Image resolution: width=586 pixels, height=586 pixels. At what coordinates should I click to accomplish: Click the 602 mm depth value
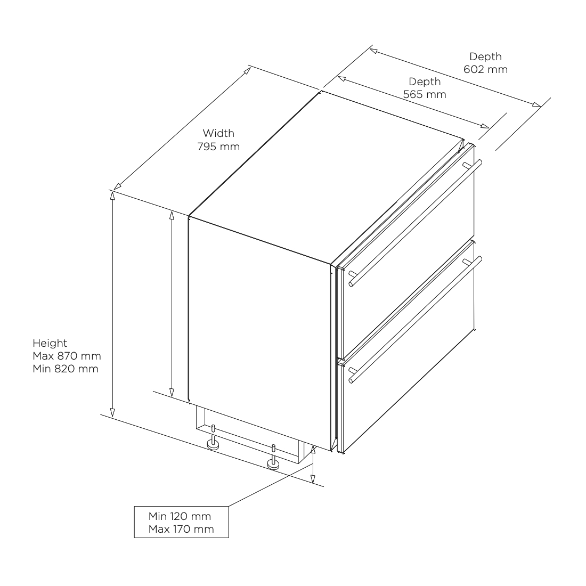485,69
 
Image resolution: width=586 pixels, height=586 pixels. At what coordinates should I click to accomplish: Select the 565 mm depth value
425,94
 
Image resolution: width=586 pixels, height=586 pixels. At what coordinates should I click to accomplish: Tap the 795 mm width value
218,146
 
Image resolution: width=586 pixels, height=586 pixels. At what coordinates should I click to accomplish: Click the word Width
218,133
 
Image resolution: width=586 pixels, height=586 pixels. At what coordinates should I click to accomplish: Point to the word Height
50,343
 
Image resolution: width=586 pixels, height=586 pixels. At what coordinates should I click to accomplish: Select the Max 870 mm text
66,356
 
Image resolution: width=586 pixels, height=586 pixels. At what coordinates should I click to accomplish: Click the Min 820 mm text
65,368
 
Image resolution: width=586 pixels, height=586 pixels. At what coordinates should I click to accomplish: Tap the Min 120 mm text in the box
180,516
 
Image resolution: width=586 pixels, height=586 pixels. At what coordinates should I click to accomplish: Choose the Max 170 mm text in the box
181,528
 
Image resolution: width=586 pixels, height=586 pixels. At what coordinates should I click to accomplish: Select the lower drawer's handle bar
416,320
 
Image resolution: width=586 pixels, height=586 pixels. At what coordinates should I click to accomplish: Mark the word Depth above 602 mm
485,56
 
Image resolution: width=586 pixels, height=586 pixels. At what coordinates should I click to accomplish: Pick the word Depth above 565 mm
425,82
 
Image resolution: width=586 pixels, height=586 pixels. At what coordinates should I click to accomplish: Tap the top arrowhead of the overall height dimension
112,195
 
